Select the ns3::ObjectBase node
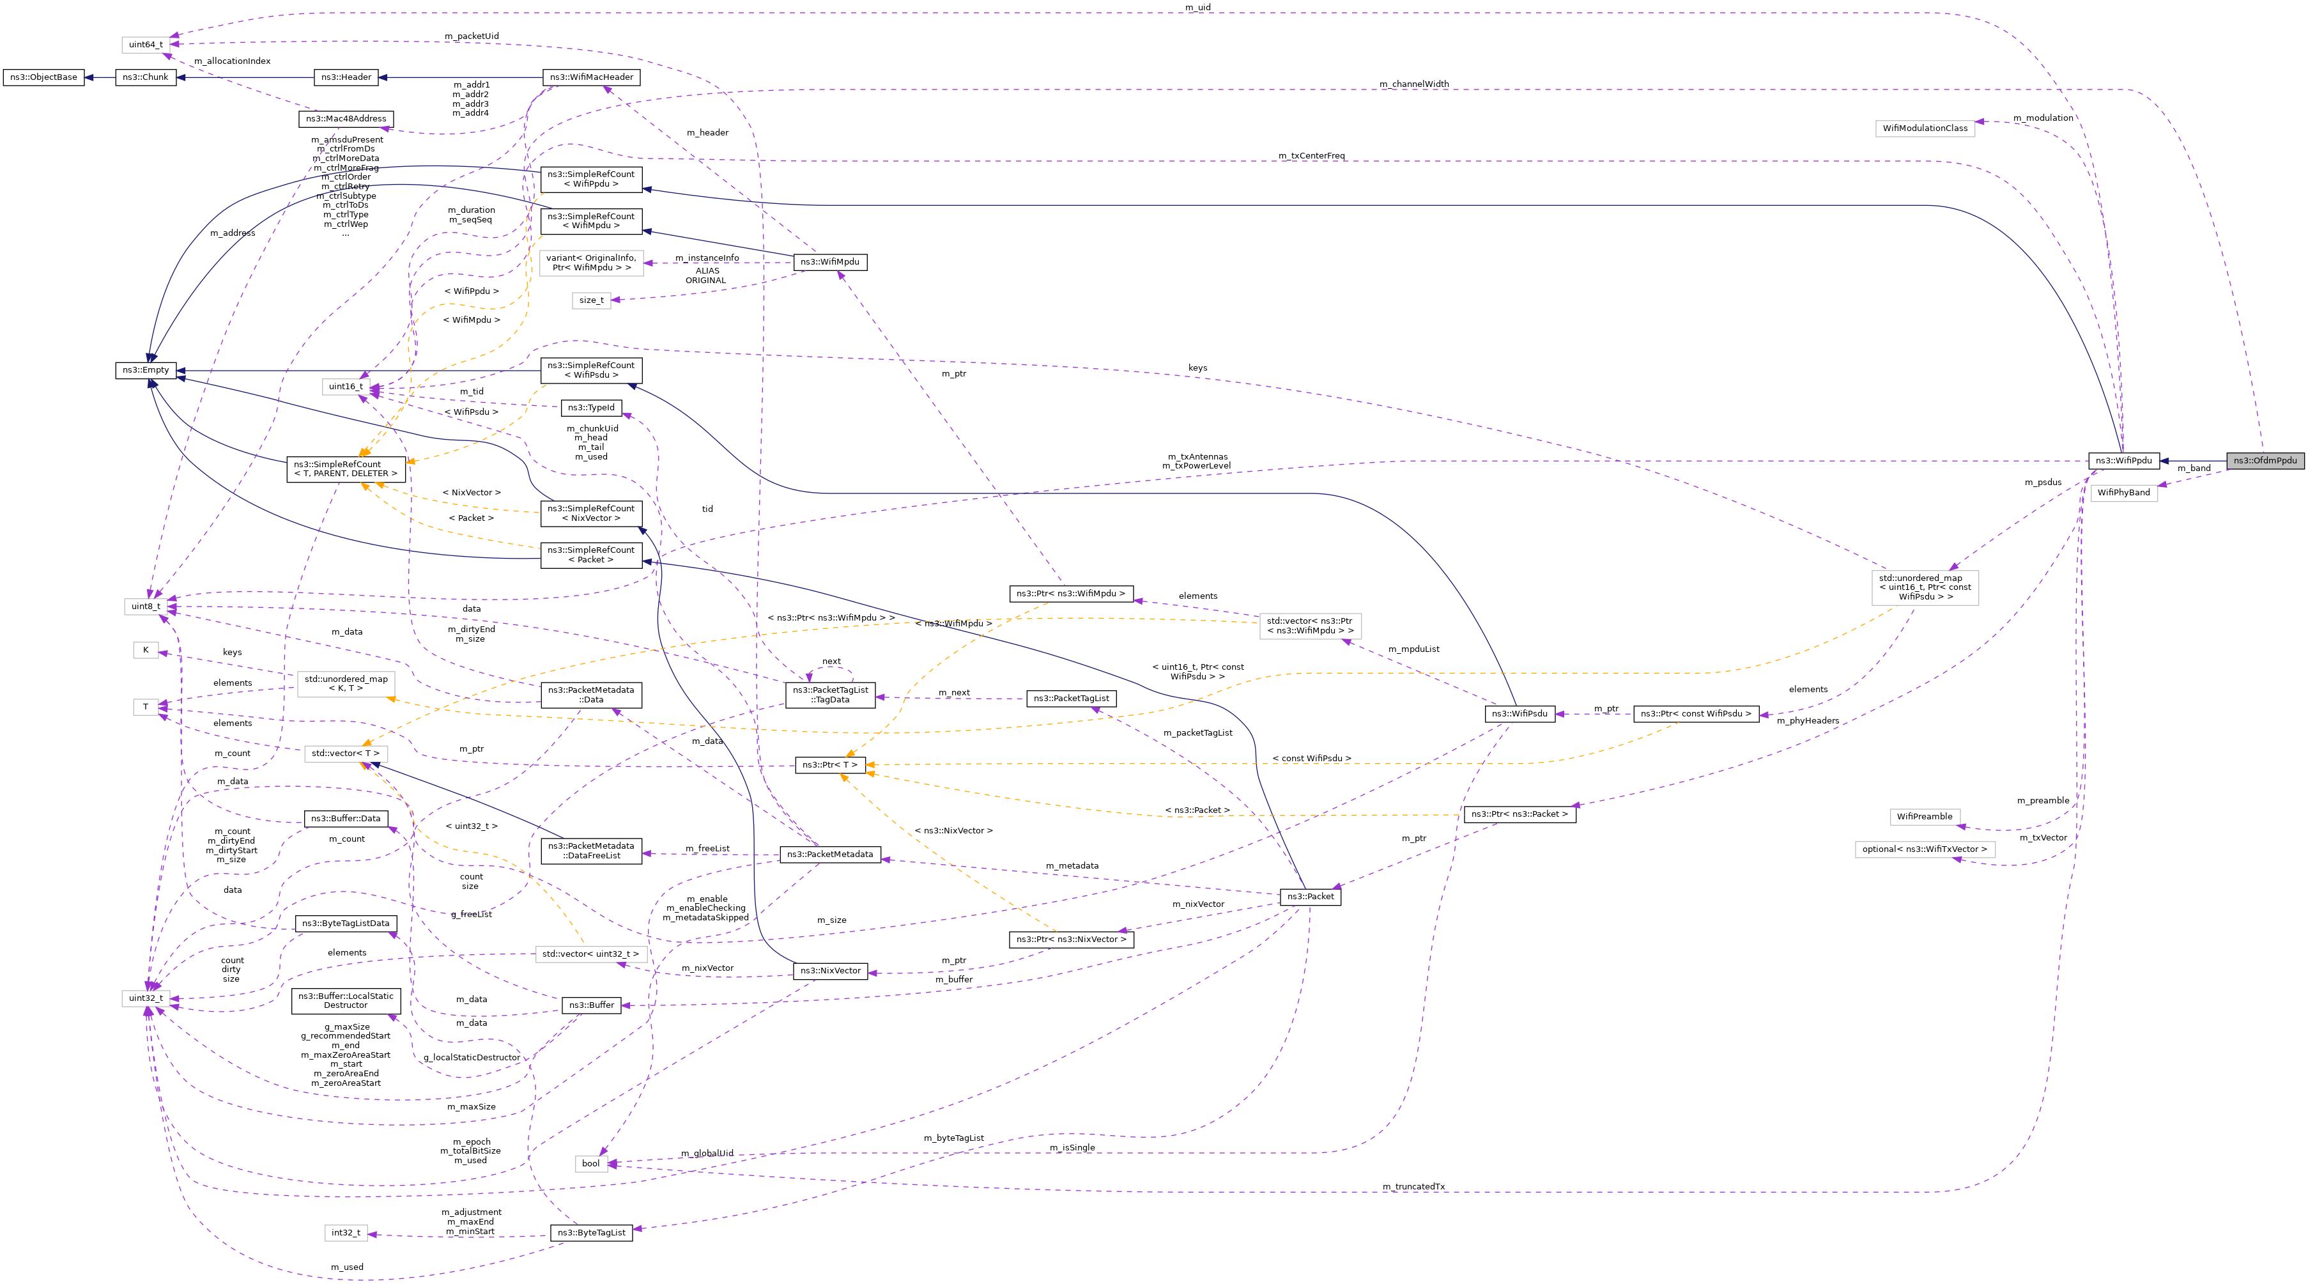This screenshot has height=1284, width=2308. [x=43, y=77]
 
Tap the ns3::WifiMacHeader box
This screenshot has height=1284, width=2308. [x=591, y=77]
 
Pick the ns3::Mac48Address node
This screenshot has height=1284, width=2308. [x=346, y=118]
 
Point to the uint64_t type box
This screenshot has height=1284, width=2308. [x=145, y=44]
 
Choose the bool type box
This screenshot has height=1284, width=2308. [x=590, y=1163]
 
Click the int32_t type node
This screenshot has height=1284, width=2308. [x=346, y=1233]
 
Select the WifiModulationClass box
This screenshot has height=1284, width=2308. [x=1925, y=128]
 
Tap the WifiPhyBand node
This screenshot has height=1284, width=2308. [x=2123, y=493]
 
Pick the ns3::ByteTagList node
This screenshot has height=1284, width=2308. [x=591, y=1233]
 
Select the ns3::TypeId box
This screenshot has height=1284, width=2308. [x=591, y=408]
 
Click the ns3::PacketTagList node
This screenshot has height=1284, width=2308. [x=1071, y=698]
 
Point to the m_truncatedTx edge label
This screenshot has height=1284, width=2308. [x=1413, y=1186]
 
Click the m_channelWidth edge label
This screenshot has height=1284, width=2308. [x=1414, y=84]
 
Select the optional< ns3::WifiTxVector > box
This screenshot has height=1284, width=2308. [x=1925, y=849]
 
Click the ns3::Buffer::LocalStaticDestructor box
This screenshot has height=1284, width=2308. [x=346, y=1001]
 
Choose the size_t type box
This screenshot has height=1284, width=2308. [x=591, y=300]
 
